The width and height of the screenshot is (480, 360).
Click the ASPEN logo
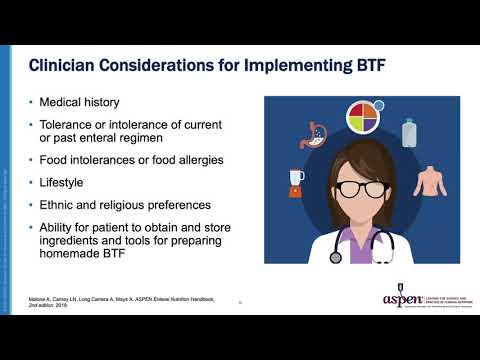(x=403, y=300)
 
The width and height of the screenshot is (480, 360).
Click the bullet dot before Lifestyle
(x=32, y=183)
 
